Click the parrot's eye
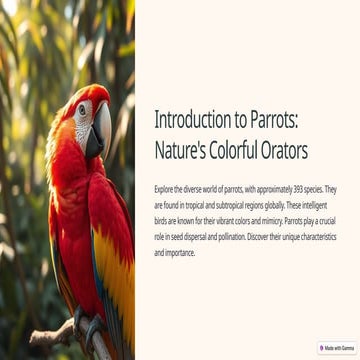pos(81,110)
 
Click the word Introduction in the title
pos(190,120)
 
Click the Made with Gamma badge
pos(338,348)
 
